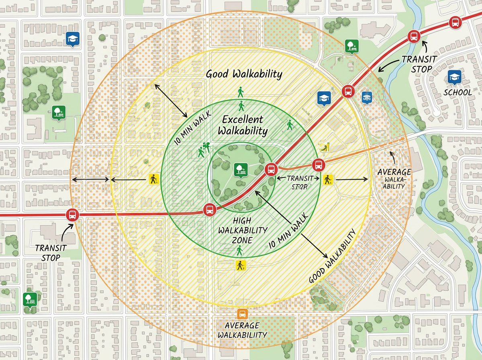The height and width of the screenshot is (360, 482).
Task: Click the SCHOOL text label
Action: click(x=457, y=92)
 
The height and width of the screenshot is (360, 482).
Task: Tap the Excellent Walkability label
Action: click(x=243, y=125)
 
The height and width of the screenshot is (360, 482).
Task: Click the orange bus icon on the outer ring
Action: click(x=242, y=314)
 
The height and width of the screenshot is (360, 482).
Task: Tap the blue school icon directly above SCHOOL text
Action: click(x=454, y=78)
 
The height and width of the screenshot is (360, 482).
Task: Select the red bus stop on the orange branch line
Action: click(x=318, y=165)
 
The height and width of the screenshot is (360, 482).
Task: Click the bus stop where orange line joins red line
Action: click(x=271, y=169)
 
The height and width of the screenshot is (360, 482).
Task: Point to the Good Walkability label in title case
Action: click(x=244, y=74)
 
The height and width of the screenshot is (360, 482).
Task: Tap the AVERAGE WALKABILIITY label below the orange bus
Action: click(x=242, y=330)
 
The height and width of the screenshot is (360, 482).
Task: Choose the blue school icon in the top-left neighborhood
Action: click(x=72, y=39)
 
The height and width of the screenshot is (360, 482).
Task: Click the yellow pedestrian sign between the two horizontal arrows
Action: click(x=154, y=179)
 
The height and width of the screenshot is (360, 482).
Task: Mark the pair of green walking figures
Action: click(x=204, y=149)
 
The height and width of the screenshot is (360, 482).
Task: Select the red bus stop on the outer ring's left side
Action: click(x=73, y=215)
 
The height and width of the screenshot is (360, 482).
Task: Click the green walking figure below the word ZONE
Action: click(x=240, y=251)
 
